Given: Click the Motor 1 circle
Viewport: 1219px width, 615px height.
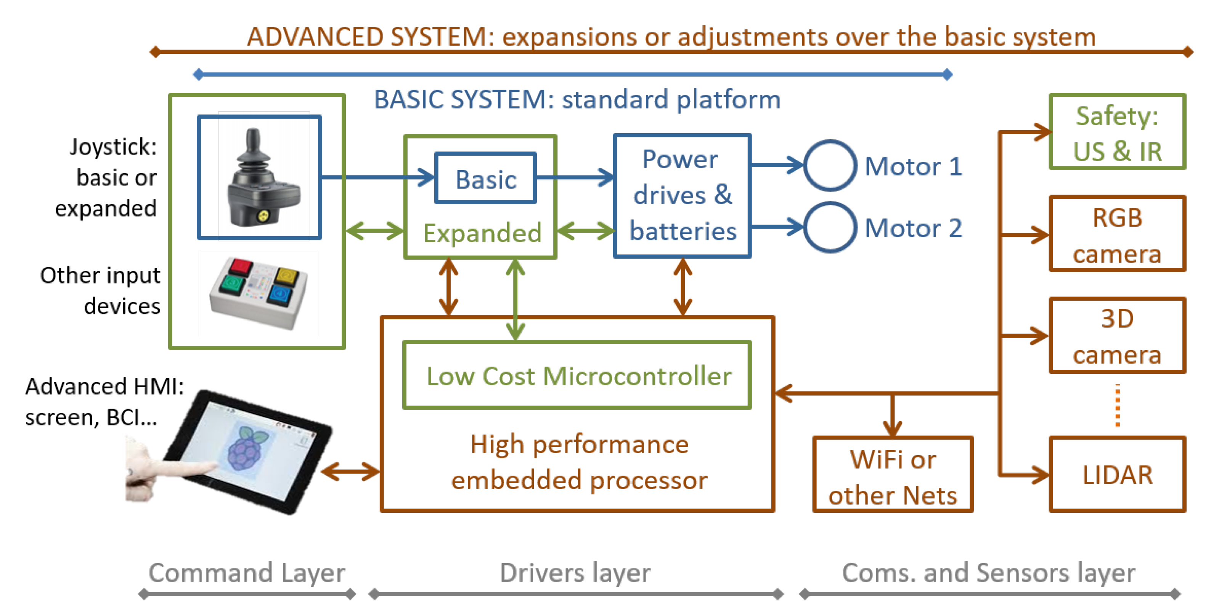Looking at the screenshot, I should [830, 165].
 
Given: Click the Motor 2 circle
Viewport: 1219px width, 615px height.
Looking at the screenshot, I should [830, 228].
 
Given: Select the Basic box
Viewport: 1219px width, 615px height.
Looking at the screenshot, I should [485, 179].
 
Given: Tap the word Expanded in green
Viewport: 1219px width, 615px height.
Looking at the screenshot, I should [482, 233].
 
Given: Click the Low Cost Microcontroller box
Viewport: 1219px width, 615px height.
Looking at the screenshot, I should [577, 375].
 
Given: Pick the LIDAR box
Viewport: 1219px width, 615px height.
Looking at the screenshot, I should [1117, 474].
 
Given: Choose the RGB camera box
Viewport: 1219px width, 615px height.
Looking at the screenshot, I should [1117, 234].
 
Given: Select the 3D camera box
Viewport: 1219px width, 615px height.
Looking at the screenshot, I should [1117, 336].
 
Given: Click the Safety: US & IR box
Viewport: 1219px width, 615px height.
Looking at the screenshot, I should [1117, 132].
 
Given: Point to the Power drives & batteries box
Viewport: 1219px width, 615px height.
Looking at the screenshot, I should [682, 196].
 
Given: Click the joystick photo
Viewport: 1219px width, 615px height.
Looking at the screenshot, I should [260, 177].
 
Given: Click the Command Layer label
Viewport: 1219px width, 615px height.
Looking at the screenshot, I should [247, 573].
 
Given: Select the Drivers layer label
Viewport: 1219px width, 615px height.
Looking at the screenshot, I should [575, 573].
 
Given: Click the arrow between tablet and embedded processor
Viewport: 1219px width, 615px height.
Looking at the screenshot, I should [350, 471].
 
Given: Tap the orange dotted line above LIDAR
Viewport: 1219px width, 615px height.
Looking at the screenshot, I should [1117, 405].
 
